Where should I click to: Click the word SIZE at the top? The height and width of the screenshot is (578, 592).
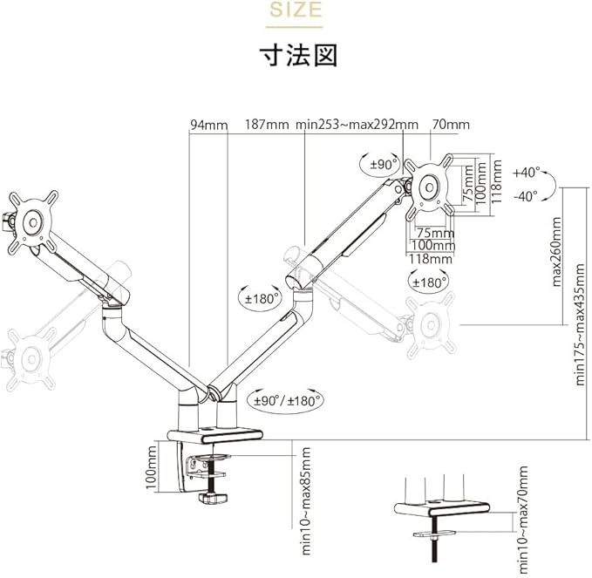[x=295, y=11]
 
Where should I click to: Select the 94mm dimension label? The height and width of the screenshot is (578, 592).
[x=208, y=125]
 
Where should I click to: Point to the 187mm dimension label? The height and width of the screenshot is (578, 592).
[x=266, y=125]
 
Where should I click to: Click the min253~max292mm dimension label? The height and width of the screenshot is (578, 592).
[x=357, y=125]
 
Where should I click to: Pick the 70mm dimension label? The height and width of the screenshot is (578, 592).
[x=452, y=125]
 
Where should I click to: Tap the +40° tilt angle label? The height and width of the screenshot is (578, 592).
[x=527, y=172]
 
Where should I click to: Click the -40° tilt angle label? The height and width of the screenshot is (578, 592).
[x=527, y=196]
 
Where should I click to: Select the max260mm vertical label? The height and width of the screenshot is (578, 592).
[x=556, y=253]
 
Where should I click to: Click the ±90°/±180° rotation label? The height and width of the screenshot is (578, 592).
[x=288, y=401]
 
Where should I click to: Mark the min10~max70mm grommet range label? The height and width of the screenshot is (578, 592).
[x=522, y=520]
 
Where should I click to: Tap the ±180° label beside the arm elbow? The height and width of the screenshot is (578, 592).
[x=259, y=298]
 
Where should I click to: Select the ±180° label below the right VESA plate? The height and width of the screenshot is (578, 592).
[x=429, y=282]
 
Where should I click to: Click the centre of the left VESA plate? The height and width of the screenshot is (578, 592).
[x=34, y=221]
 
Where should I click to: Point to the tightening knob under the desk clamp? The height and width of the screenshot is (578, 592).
[x=212, y=499]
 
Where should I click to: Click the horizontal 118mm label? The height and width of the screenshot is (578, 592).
[x=432, y=258]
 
